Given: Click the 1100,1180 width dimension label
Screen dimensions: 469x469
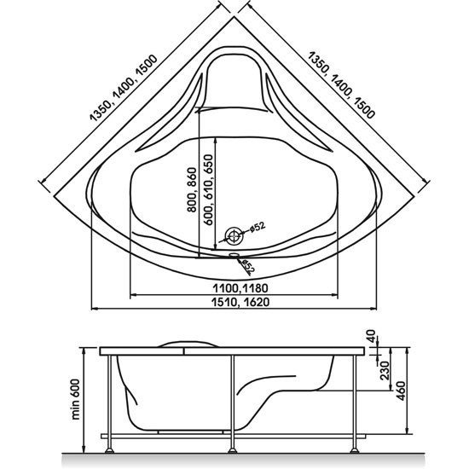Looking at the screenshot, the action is click(240, 288).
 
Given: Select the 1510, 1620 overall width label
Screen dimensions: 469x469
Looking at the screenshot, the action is click(240, 302).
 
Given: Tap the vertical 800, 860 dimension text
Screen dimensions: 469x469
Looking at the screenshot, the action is click(192, 190).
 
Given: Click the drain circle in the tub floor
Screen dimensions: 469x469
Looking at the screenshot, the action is click(234, 236).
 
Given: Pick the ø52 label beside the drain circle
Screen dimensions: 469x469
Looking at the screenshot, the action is click(257, 227).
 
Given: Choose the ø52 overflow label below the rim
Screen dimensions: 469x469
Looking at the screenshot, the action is click(248, 267).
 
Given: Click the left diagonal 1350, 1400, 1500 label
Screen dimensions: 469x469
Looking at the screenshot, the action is click(124, 88).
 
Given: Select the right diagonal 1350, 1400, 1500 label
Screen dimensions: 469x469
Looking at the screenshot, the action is click(341, 85).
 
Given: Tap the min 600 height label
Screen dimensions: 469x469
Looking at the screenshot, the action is click(76, 400).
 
